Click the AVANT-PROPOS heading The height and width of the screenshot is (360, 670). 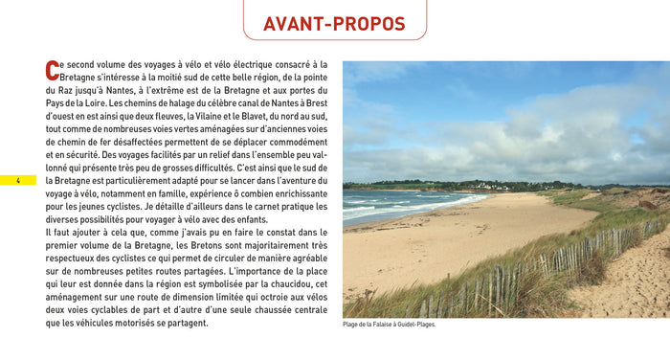tap(334, 24)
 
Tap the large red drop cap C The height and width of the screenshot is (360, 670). tap(52, 70)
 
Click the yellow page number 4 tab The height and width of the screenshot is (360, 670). tap(17, 181)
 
